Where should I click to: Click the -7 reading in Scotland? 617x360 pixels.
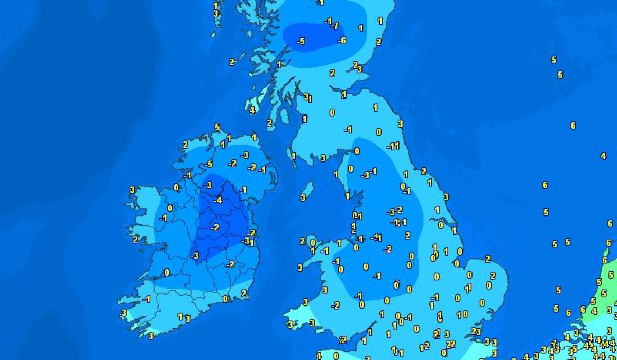coord(335,26)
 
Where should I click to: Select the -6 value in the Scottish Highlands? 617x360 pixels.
coord(341,41)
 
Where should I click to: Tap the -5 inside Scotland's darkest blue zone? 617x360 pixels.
coord(301,41)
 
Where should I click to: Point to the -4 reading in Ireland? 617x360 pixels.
coord(217,201)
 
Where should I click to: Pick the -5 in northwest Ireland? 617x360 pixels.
coord(208,165)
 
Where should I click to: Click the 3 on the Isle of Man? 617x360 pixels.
coord(303,197)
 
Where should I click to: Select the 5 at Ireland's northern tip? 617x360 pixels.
coord(217,127)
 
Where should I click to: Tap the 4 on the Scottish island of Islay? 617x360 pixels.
coord(252,110)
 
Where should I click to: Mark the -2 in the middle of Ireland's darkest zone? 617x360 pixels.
coord(215,227)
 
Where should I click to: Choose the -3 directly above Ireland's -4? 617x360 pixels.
coord(208,185)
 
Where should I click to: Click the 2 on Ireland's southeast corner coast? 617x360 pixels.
coord(244,293)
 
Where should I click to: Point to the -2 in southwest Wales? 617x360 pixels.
coord(335,305)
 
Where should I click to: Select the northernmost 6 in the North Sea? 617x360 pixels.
coord(573,125)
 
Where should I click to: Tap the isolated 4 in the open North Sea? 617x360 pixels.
coord(603,156)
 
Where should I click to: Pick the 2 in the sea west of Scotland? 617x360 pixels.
coord(231,62)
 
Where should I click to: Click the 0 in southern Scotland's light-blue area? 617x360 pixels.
coord(332,113)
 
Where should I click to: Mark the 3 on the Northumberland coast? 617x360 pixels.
coord(400,124)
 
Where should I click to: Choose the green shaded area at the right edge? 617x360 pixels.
coord(602,298)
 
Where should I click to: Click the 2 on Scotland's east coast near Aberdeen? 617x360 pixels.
coord(378,42)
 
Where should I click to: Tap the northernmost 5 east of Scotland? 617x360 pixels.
coord(554,60)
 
